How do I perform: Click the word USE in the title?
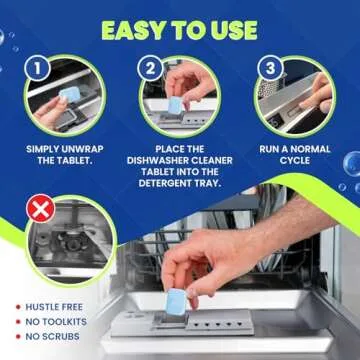pos(230,30)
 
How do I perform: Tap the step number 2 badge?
pos(150,70)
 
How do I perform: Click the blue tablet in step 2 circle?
pos(175,104)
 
